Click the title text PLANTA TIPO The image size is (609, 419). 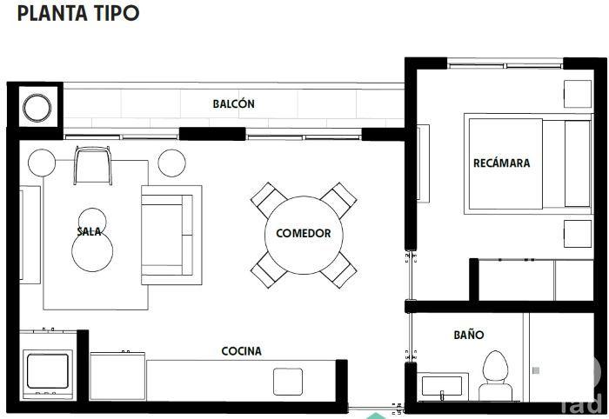pos(77,14)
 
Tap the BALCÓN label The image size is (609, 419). pos(233,103)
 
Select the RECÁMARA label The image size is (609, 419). pos(501,163)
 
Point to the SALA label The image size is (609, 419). pos(90,231)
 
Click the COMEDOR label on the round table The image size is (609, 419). pos(303,233)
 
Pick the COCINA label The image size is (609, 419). pos(241,351)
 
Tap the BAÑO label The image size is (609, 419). pos(468,335)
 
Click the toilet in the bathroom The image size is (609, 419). pos(496,374)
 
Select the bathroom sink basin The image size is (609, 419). pos(442,387)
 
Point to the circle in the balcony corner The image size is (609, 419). pos(37,109)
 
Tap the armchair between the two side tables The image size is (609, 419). pos(94,164)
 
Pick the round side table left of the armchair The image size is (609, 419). pos(42,162)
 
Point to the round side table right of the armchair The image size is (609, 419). pos(172,162)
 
